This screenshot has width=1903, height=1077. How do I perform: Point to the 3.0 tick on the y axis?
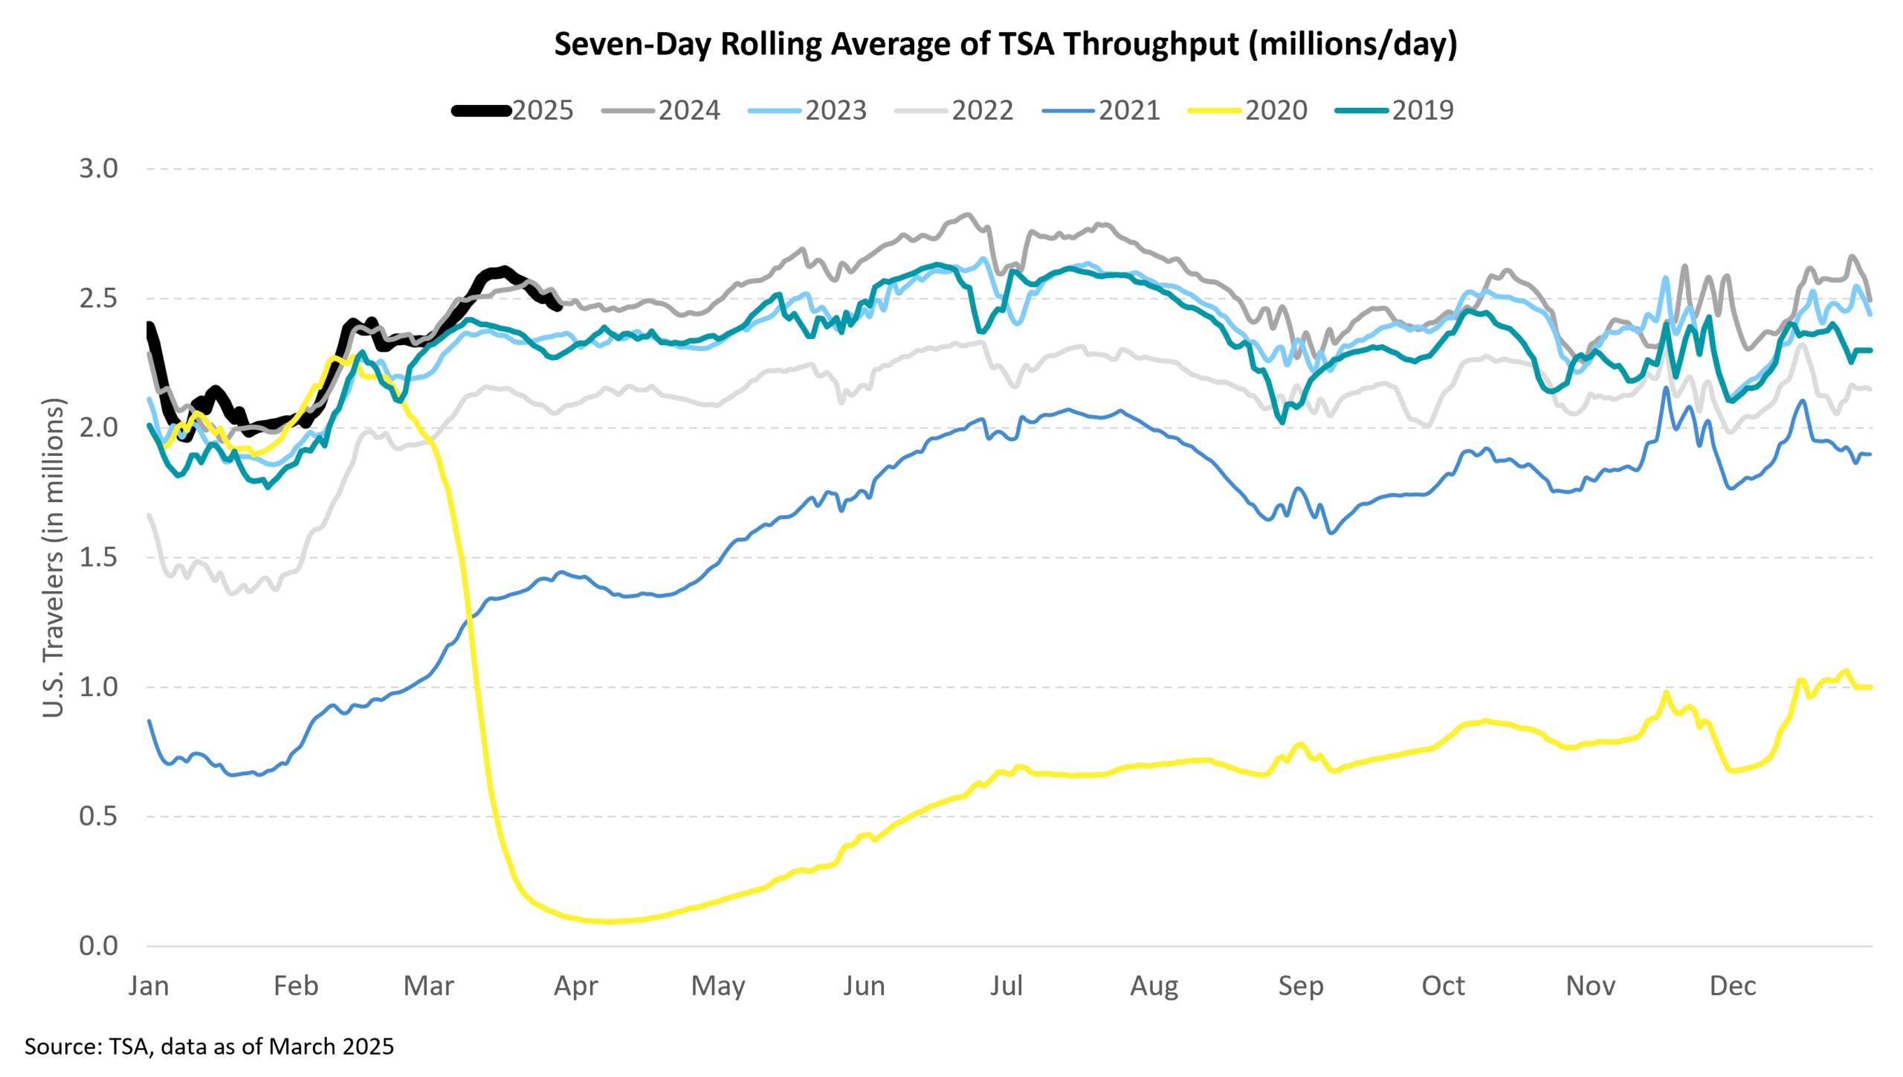pos(99,169)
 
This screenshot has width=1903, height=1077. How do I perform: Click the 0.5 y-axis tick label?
pos(99,817)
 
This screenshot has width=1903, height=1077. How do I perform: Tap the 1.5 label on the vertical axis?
pos(99,557)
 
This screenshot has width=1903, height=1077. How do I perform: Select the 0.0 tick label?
pos(99,946)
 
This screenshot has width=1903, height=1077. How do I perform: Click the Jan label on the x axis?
pos(149,986)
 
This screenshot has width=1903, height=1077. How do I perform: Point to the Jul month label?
pos(1007,986)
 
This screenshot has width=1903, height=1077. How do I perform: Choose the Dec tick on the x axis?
pos(1733,986)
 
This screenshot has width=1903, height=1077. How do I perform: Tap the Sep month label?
pos(1301,986)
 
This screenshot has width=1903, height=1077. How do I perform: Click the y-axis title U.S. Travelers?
pos(54,558)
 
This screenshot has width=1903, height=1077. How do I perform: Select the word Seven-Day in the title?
pos(634,45)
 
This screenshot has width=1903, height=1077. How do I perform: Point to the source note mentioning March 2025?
pos(209,1047)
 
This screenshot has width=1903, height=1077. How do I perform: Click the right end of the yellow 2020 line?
pos(1870,687)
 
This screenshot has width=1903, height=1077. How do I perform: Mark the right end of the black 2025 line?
pos(559,307)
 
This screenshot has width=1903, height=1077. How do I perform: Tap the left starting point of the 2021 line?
pos(149,721)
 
